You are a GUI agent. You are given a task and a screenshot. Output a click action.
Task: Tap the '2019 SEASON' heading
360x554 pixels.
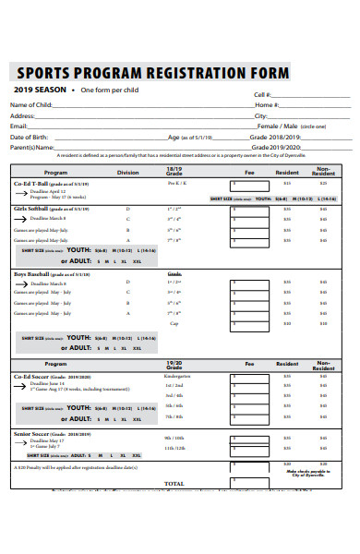pyautogui.click(x=41, y=90)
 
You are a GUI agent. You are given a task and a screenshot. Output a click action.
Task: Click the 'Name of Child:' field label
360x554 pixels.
pyautogui.click(x=30, y=104)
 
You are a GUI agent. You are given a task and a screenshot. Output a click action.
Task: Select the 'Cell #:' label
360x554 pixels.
pyautogui.click(x=262, y=95)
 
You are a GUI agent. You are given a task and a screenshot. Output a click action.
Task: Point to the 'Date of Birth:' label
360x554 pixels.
pyautogui.click(x=30, y=137)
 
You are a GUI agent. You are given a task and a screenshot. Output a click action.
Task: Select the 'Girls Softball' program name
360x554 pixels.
pyautogui.click(x=35, y=210)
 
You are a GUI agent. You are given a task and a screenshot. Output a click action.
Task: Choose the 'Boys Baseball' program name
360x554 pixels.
pyautogui.click(x=35, y=275)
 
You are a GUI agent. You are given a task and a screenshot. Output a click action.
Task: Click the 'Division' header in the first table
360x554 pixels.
pyautogui.click(x=127, y=173)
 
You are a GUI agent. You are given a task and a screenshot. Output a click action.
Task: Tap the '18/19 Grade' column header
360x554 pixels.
pyautogui.click(x=174, y=171)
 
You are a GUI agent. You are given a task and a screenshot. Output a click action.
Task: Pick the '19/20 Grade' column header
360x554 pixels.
pyautogui.click(x=174, y=365)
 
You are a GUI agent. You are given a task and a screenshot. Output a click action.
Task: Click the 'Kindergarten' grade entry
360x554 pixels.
pyautogui.click(x=175, y=378)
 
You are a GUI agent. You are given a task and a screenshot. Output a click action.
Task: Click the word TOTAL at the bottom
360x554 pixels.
pyautogui.click(x=174, y=483)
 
